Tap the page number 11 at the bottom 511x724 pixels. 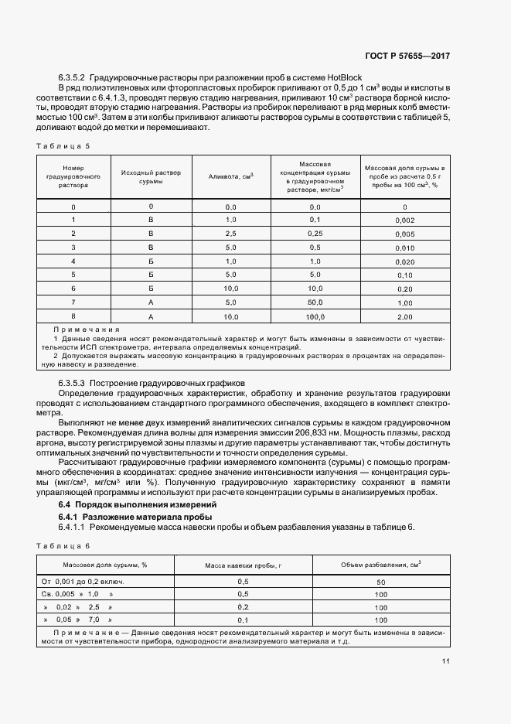[445, 661]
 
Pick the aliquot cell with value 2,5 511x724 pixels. [230, 233]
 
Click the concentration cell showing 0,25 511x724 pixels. [315, 233]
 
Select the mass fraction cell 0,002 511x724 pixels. [404, 220]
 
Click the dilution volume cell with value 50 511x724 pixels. [380, 581]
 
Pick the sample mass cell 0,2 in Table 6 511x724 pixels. [243, 607]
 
